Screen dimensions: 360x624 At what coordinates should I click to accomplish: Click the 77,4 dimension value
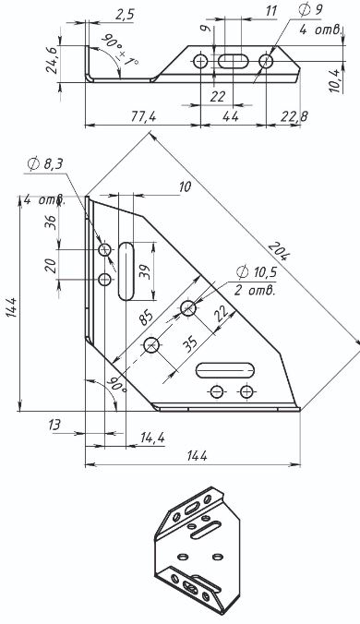(144, 116)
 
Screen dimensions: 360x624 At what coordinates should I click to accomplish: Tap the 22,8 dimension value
(294, 116)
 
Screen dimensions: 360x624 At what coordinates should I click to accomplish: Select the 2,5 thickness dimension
(126, 15)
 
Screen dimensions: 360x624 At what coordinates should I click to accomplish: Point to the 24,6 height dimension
(52, 60)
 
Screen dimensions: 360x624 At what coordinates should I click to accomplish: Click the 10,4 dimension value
(335, 81)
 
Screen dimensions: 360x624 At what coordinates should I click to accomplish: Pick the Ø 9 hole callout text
(309, 11)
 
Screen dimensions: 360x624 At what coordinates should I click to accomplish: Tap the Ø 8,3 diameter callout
(45, 163)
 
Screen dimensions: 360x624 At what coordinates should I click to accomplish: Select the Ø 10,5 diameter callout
(257, 272)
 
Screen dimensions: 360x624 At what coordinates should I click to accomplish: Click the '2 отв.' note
(255, 290)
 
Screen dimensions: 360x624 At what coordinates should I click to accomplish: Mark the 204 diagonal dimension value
(278, 251)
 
